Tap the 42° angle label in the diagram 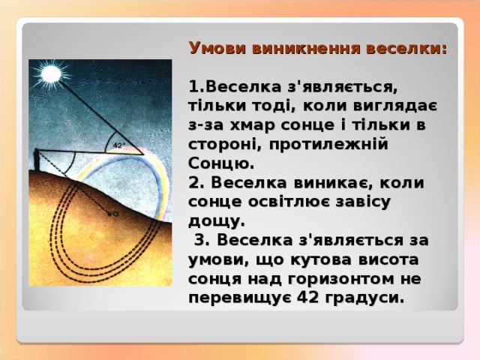coord(118,145)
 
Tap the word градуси coord(366,298)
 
